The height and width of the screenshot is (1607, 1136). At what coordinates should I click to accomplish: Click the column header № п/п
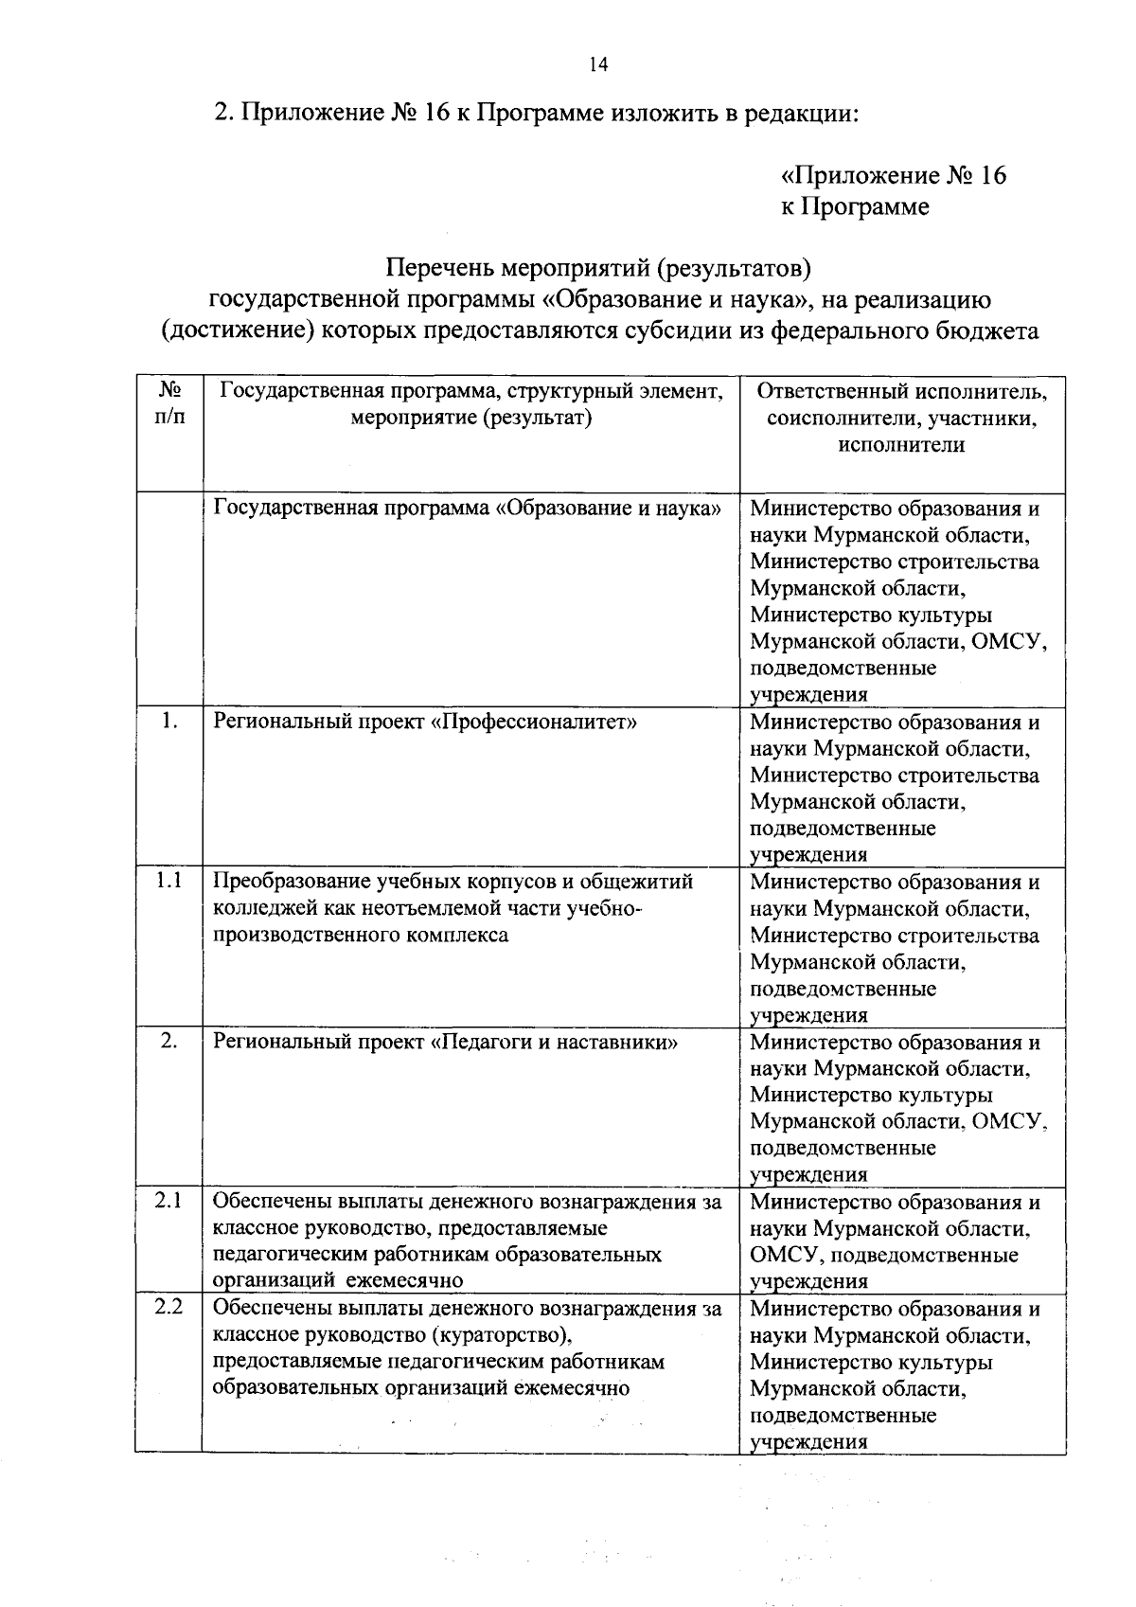(169, 403)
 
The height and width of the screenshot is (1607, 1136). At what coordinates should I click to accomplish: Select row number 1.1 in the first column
(169, 881)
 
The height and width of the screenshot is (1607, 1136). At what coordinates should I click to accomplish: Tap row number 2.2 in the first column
(169, 1308)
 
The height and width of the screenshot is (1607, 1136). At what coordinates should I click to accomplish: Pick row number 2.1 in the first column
(169, 1201)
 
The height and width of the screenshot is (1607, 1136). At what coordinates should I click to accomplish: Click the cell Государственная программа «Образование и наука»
(468, 509)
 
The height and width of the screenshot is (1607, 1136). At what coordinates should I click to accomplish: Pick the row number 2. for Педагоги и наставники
(169, 1041)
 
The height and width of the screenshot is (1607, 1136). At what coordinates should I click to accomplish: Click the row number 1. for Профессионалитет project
(169, 721)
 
